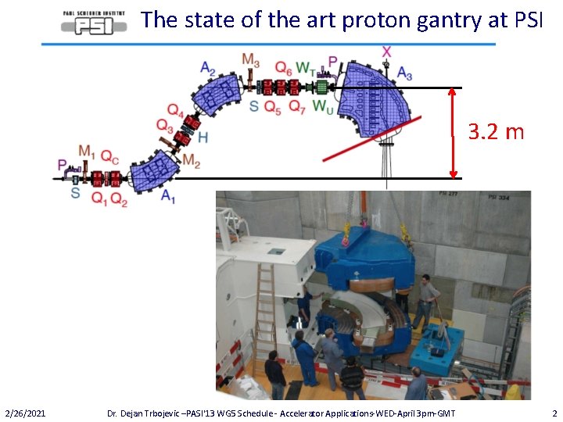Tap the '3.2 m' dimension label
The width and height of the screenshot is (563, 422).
pos(496,131)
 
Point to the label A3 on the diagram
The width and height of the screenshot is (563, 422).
pos(404,73)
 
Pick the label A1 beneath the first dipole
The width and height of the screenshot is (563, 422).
pos(167,196)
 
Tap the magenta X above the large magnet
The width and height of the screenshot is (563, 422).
pos(387,52)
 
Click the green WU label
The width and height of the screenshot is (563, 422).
pos(322,107)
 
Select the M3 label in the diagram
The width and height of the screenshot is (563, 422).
pos(251,60)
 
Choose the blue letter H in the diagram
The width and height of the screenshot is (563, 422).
pos(203,138)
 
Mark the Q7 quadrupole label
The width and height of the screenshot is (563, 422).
pos(296,107)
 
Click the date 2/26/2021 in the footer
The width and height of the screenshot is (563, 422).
pos(25,412)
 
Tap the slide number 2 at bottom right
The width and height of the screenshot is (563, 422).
pos(554,412)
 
